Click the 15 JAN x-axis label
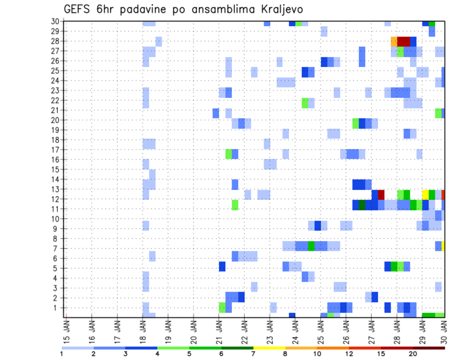[x=67, y=330]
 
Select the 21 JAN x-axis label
[x=219, y=330]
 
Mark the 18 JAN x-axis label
[x=143, y=330]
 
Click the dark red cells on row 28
[x=404, y=41]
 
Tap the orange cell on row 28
[x=394, y=41]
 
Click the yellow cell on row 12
[x=426, y=195]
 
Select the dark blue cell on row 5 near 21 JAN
[x=222, y=266]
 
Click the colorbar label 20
[x=413, y=353]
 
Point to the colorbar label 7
[x=253, y=353]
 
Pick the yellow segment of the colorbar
[x=269, y=347]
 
